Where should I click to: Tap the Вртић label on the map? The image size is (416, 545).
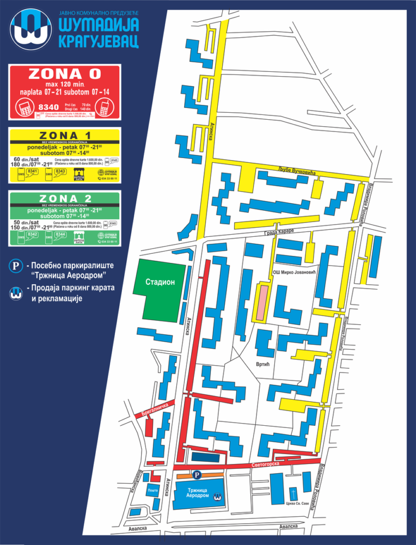point(263,365)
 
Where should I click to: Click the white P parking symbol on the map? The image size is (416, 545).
point(197,475)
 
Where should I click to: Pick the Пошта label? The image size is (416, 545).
point(153,489)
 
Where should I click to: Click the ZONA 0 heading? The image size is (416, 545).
point(64,73)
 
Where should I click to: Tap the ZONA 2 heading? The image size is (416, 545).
point(64,198)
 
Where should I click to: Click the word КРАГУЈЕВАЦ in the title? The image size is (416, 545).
point(99,40)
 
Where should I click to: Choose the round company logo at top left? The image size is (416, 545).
point(30,29)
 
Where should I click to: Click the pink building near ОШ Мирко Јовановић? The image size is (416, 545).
point(261,302)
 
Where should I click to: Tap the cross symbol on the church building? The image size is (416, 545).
point(292,492)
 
